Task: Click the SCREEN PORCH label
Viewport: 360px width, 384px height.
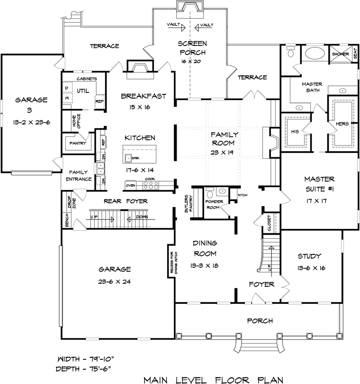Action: (x=193, y=48)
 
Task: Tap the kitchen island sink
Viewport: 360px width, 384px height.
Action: (x=128, y=158)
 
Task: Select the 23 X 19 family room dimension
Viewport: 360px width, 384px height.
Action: (x=222, y=152)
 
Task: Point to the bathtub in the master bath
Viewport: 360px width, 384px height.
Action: (x=315, y=53)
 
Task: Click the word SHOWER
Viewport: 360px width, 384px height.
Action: (x=340, y=54)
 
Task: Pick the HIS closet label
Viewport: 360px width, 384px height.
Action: (x=295, y=131)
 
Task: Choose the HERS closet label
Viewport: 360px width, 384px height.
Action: (x=342, y=124)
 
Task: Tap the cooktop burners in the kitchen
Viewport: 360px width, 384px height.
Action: (x=151, y=185)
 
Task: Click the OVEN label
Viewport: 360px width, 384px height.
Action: (x=130, y=185)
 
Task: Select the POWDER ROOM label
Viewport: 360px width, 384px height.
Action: (x=214, y=204)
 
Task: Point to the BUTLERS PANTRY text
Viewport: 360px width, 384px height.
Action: (x=189, y=203)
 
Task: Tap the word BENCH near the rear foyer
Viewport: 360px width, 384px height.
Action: (x=67, y=220)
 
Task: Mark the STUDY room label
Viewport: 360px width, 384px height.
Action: (x=309, y=256)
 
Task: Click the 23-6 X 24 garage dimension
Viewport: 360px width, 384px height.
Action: (x=115, y=282)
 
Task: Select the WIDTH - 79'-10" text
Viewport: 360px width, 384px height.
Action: (x=86, y=359)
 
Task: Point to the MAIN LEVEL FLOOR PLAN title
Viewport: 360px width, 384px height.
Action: (x=214, y=380)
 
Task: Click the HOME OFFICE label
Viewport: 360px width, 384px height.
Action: (x=76, y=121)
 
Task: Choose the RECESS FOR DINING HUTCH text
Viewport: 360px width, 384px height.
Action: (x=174, y=263)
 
